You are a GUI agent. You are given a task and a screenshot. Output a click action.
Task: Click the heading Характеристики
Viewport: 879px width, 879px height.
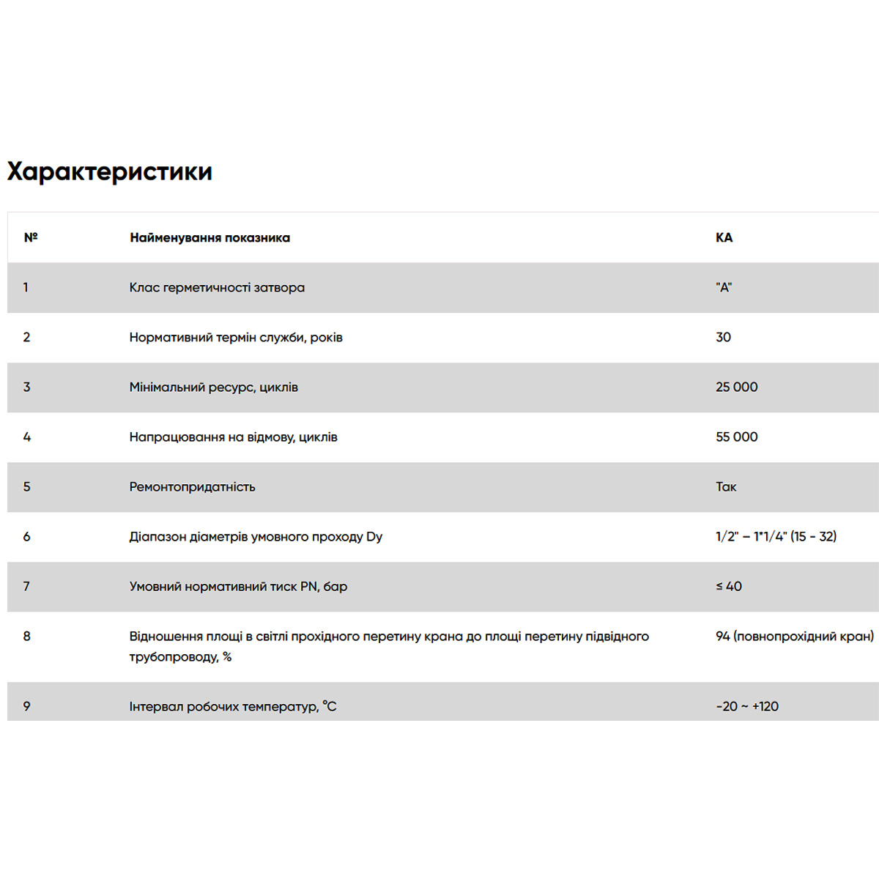point(110,171)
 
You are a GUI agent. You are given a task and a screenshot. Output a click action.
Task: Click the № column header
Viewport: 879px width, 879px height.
point(31,237)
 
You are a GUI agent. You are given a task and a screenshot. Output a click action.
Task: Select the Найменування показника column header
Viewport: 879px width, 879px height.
point(209,237)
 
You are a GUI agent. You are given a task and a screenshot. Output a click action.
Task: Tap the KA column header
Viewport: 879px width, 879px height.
point(724,237)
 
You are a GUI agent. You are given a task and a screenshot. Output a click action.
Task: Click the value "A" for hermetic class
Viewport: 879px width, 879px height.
point(724,288)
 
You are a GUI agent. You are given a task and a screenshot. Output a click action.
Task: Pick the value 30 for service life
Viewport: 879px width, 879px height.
point(723,338)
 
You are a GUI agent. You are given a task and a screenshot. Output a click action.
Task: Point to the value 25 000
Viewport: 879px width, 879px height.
point(736,387)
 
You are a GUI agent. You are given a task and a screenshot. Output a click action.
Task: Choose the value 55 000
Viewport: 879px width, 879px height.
point(736,437)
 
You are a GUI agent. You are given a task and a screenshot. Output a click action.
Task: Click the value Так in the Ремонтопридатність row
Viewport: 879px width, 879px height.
point(726,487)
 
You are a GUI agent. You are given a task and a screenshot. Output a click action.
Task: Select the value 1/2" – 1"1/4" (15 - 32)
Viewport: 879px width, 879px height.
point(776,537)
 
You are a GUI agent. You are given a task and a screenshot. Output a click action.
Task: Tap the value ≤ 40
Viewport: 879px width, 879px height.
point(729,587)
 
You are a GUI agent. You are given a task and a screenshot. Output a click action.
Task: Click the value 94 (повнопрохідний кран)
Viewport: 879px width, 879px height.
point(795,637)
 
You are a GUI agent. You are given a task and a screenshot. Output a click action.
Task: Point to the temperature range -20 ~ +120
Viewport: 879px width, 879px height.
point(747,707)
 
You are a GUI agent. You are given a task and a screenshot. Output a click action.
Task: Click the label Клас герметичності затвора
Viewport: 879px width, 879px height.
point(217,288)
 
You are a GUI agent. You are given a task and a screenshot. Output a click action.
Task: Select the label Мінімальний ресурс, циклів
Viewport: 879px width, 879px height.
point(213,387)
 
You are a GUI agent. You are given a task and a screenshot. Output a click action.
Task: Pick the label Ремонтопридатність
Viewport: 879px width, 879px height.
point(192,487)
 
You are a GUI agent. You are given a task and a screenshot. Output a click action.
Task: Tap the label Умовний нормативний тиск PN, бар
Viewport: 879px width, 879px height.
point(238,587)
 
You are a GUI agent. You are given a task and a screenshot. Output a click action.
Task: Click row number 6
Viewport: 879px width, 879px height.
point(26,537)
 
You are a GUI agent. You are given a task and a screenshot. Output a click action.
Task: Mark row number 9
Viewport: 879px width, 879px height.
point(26,707)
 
